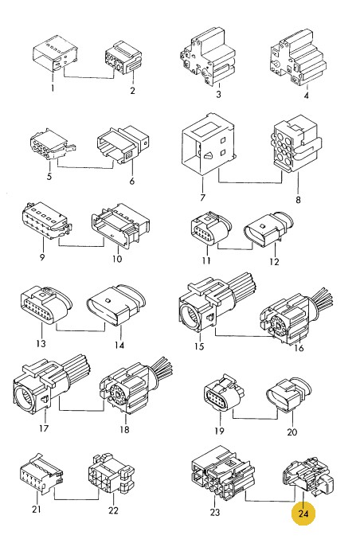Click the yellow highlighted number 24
click(x=303, y=514)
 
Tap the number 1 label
click(x=53, y=88)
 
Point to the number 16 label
click(x=299, y=348)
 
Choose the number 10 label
click(x=117, y=259)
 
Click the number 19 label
click(x=219, y=431)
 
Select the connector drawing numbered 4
click(x=298, y=58)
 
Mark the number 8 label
click(x=298, y=200)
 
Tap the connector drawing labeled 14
click(x=116, y=305)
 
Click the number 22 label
click(x=113, y=510)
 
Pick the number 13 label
click(x=41, y=343)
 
